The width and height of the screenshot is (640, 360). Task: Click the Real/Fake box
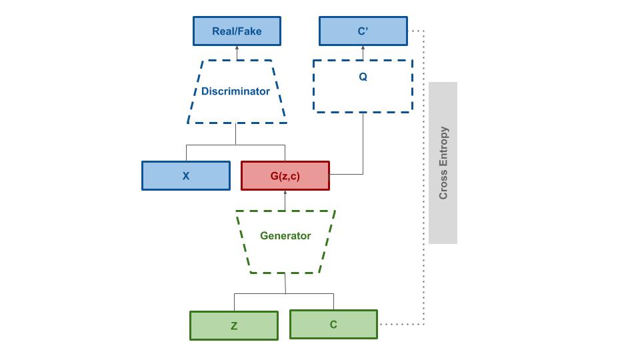pos(237,31)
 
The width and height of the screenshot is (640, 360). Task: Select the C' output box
pos(363,31)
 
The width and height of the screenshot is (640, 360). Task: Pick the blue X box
pos(186,176)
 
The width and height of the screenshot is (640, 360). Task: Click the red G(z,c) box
pos(285,176)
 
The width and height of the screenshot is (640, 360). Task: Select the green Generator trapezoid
pos(285,253)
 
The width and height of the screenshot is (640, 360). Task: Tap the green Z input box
pos(234,326)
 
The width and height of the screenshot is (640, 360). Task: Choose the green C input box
pos(333,325)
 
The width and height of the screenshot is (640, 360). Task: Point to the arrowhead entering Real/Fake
pos(237,49)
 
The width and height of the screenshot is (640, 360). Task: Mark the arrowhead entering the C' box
pos(363,49)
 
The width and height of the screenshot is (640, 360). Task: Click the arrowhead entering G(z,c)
pos(285,193)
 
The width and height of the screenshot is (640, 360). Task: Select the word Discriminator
pos(235,91)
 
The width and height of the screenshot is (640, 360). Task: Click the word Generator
pos(285,235)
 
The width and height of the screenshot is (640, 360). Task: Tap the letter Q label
pos(363,77)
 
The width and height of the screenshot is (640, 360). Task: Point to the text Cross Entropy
pos(443,163)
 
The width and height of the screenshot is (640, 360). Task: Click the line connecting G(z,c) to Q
pos(363,147)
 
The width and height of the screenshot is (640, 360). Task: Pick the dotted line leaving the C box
pos(400,325)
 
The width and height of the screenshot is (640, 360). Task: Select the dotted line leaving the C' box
pos(416,31)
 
